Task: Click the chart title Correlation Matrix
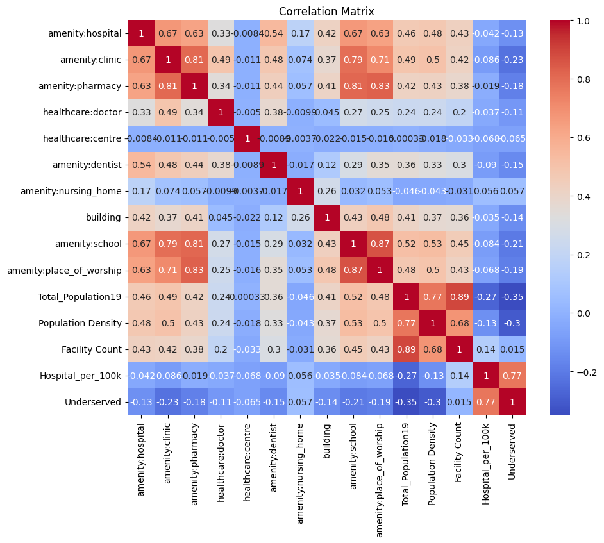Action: click(326, 12)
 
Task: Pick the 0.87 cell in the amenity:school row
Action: click(380, 244)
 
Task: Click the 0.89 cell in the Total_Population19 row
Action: click(459, 296)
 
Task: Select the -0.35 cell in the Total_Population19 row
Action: click(512, 296)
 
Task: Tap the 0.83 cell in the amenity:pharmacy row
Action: click(380, 85)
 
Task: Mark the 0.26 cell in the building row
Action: click(300, 217)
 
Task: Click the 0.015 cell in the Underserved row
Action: click(459, 401)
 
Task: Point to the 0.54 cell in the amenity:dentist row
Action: click(142, 165)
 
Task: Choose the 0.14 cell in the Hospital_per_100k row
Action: click(459, 375)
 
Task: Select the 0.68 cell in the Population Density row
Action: click(459, 322)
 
